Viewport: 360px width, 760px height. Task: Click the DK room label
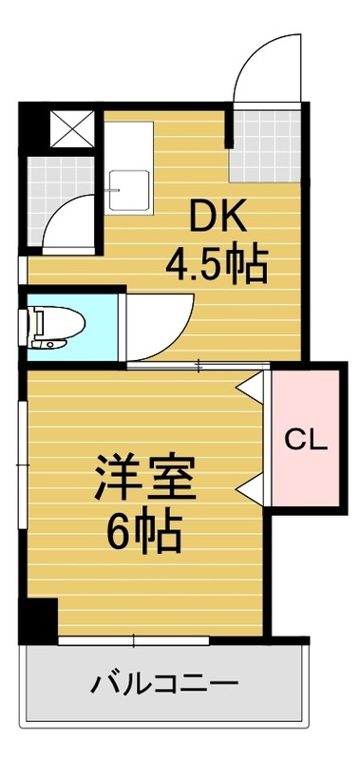pyautogui.click(x=219, y=219)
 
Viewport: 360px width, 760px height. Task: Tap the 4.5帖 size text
pyautogui.click(x=218, y=265)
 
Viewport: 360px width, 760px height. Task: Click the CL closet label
pyautogui.click(x=306, y=439)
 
